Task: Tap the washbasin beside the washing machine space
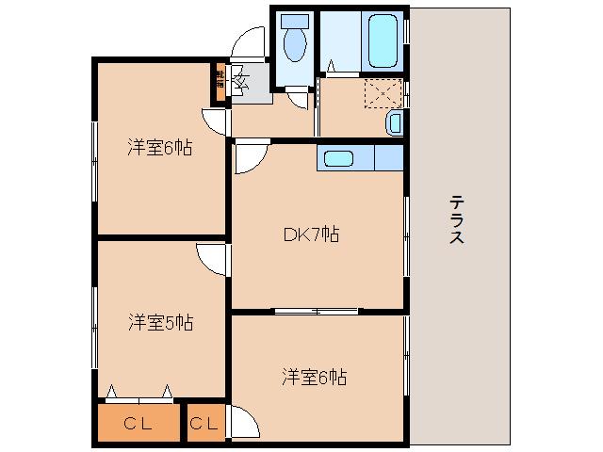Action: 395,121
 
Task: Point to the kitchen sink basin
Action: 336,158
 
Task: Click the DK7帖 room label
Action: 311,235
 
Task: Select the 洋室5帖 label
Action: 161,323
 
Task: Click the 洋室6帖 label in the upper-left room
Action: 160,147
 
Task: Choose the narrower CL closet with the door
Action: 204,424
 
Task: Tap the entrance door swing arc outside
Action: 249,42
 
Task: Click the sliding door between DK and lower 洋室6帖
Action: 316,311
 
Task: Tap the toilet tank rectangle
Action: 295,22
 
